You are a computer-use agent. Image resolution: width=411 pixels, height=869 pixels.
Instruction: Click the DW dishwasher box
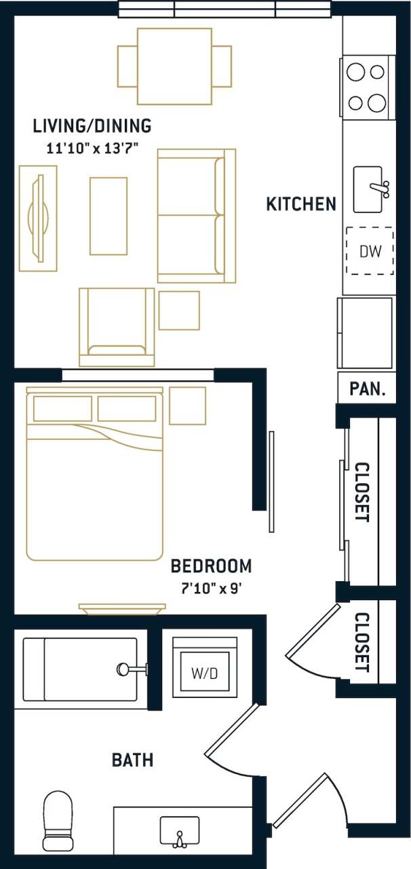[x=370, y=251]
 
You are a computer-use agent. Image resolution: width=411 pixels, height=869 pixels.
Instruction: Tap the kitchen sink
[x=370, y=188]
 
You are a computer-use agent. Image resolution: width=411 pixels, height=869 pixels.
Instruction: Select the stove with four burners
[x=367, y=87]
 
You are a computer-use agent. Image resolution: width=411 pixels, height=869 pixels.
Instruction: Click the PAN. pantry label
[x=367, y=390]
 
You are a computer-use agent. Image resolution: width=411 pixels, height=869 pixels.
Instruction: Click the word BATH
[x=132, y=760]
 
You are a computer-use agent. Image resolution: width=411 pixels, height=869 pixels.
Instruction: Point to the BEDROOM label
[x=211, y=566]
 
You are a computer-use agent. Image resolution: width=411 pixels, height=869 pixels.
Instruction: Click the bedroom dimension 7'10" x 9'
[x=206, y=588]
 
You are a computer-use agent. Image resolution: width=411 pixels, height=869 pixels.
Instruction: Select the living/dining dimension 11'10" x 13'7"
[x=92, y=148]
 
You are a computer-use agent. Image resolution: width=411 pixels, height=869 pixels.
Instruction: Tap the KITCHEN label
[x=301, y=204]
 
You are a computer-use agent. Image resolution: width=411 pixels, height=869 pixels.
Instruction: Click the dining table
[x=174, y=66]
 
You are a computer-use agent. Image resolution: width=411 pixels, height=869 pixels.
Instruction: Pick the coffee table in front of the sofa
[x=109, y=216]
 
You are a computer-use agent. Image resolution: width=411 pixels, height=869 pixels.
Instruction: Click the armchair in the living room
[x=117, y=327]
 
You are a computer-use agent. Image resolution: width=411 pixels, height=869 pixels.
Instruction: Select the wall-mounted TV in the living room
[x=38, y=218]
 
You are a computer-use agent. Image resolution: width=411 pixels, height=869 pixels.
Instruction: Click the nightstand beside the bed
[x=187, y=405]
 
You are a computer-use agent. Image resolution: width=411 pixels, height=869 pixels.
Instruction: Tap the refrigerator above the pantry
[x=365, y=333]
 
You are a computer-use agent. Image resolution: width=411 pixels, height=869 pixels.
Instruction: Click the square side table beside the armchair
[x=179, y=310]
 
